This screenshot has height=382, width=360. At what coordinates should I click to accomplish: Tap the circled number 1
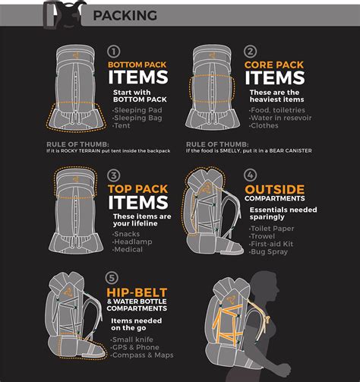click(114, 52)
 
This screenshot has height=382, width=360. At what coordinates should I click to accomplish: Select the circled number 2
click(250, 52)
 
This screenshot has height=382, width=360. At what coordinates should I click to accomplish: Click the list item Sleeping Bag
click(137, 118)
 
